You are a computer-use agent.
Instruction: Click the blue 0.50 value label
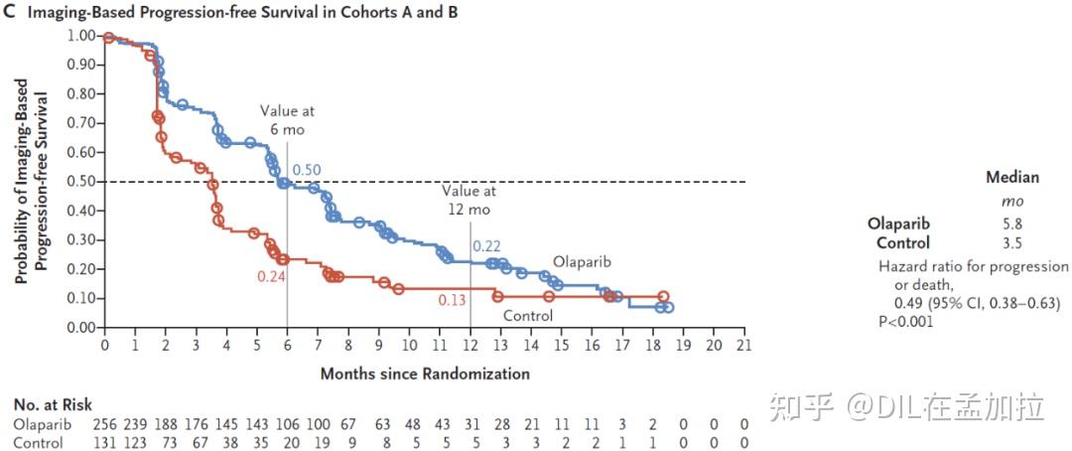(306, 171)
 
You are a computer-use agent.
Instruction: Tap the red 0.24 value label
(271, 277)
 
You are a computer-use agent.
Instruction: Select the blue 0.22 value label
(486, 246)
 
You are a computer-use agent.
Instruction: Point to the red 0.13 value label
(453, 299)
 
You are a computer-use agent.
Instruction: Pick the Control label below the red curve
(527, 316)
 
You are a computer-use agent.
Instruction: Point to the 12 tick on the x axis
(470, 347)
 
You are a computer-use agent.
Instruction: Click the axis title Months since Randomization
(425, 375)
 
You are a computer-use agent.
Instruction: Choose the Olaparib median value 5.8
(1012, 225)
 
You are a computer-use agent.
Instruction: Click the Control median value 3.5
(1012, 243)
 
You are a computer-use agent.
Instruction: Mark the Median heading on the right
(1011, 178)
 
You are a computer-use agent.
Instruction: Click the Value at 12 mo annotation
(469, 202)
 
